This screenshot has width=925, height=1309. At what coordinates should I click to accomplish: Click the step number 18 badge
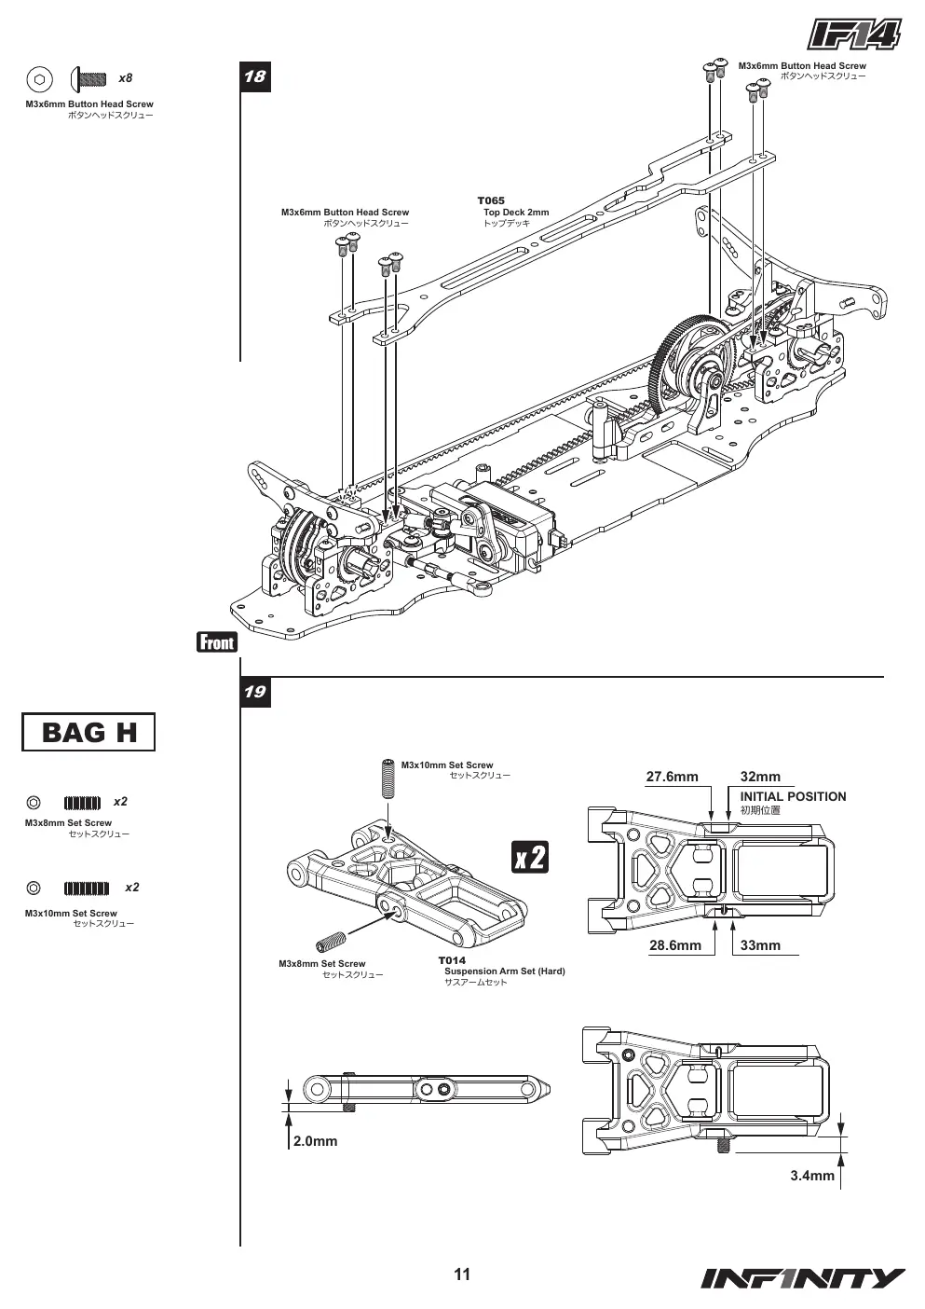point(255,76)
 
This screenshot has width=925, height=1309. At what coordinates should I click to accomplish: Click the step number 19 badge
point(255,692)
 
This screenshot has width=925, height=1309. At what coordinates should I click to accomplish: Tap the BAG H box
point(88,732)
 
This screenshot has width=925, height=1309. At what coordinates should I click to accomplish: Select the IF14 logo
point(854,34)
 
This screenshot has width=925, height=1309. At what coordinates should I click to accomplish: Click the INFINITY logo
point(803,1278)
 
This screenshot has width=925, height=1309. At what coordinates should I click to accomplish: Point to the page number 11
point(462,1275)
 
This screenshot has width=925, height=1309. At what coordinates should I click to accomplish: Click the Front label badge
point(217,642)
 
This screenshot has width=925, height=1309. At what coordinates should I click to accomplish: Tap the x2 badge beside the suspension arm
point(530,857)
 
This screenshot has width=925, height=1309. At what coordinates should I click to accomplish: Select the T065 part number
point(491,200)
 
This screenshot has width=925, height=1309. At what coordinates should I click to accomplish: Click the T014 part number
point(452,960)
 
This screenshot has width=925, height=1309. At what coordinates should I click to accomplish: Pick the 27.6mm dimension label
point(672,777)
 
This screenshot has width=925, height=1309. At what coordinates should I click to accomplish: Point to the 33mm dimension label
point(760,945)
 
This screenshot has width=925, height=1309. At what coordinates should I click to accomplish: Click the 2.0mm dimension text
point(316,1140)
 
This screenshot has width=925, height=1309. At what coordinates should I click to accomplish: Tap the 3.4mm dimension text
point(812,1175)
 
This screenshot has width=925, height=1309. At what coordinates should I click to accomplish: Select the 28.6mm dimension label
point(675,945)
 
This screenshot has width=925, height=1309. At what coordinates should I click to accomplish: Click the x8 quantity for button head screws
point(126,77)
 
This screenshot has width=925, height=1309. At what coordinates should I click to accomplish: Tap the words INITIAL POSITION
point(793,796)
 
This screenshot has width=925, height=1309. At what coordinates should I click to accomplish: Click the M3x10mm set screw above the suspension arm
point(389,779)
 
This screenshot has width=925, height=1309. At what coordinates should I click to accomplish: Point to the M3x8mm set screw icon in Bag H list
point(82,803)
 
